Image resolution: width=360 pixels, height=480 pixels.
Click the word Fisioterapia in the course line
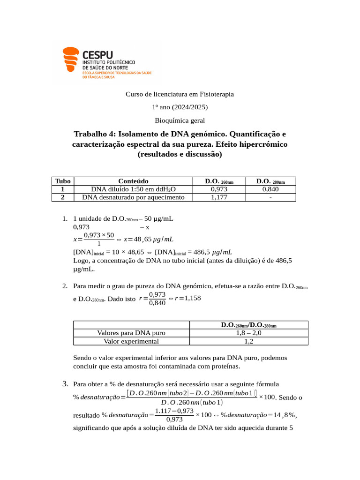[x=216, y=94]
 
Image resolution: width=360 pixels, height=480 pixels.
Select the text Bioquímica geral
[x=180, y=120]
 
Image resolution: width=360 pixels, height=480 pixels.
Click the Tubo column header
[x=62, y=181]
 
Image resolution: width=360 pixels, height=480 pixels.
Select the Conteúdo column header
[x=133, y=181]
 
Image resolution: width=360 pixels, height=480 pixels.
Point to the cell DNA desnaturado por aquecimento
[x=133, y=197]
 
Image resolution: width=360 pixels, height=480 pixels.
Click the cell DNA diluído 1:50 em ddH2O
[x=133, y=189]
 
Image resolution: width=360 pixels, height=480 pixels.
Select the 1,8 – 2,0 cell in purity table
[x=248, y=333]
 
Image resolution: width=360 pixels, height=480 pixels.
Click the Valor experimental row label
[x=131, y=341]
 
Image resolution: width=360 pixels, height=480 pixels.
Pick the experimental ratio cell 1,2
[x=248, y=341]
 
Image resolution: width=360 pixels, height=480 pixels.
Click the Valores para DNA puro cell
[x=131, y=333]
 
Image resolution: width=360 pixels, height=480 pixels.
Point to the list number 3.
[x=66, y=384]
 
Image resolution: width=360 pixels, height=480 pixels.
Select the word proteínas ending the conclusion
[x=223, y=366]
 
